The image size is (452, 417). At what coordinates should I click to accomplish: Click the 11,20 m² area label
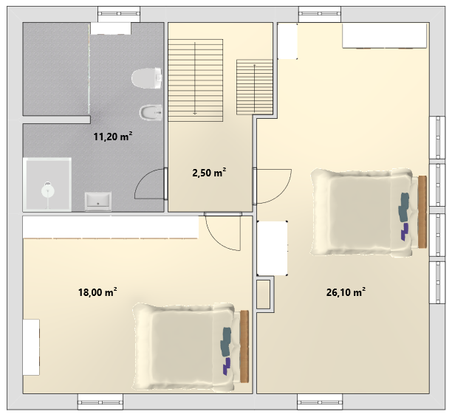click(x=113, y=137)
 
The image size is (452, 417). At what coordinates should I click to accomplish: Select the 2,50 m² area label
click(x=209, y=173)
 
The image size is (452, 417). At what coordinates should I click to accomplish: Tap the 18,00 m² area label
click(x=97, y=292)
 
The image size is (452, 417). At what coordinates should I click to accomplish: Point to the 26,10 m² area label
click(x=346, y=292)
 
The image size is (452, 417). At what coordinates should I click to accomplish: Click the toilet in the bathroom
click(x=147, y=78)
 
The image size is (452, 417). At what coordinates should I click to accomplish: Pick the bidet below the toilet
click(x=151, y=112)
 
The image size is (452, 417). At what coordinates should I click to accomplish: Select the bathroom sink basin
click(x=98, y=200)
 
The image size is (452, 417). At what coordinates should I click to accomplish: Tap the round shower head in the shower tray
click(x=47, y=190)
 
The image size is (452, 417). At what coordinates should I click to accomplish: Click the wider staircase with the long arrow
click(x=196, y=80)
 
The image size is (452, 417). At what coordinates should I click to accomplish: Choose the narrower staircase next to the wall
click(x=255, y=87)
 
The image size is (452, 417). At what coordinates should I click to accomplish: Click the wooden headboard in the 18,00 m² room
click(x=244, y=346)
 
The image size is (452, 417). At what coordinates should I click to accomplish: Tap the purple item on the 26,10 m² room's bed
click(x=405, y=232)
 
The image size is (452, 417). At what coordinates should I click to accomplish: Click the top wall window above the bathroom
click(x=119, y=14)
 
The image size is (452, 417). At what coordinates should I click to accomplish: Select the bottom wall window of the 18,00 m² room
click(x=100, y=402)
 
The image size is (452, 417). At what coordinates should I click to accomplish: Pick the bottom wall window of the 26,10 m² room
click(x=320, y=402)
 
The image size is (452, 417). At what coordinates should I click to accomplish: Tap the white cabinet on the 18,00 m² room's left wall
click(x=31, y=347)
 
